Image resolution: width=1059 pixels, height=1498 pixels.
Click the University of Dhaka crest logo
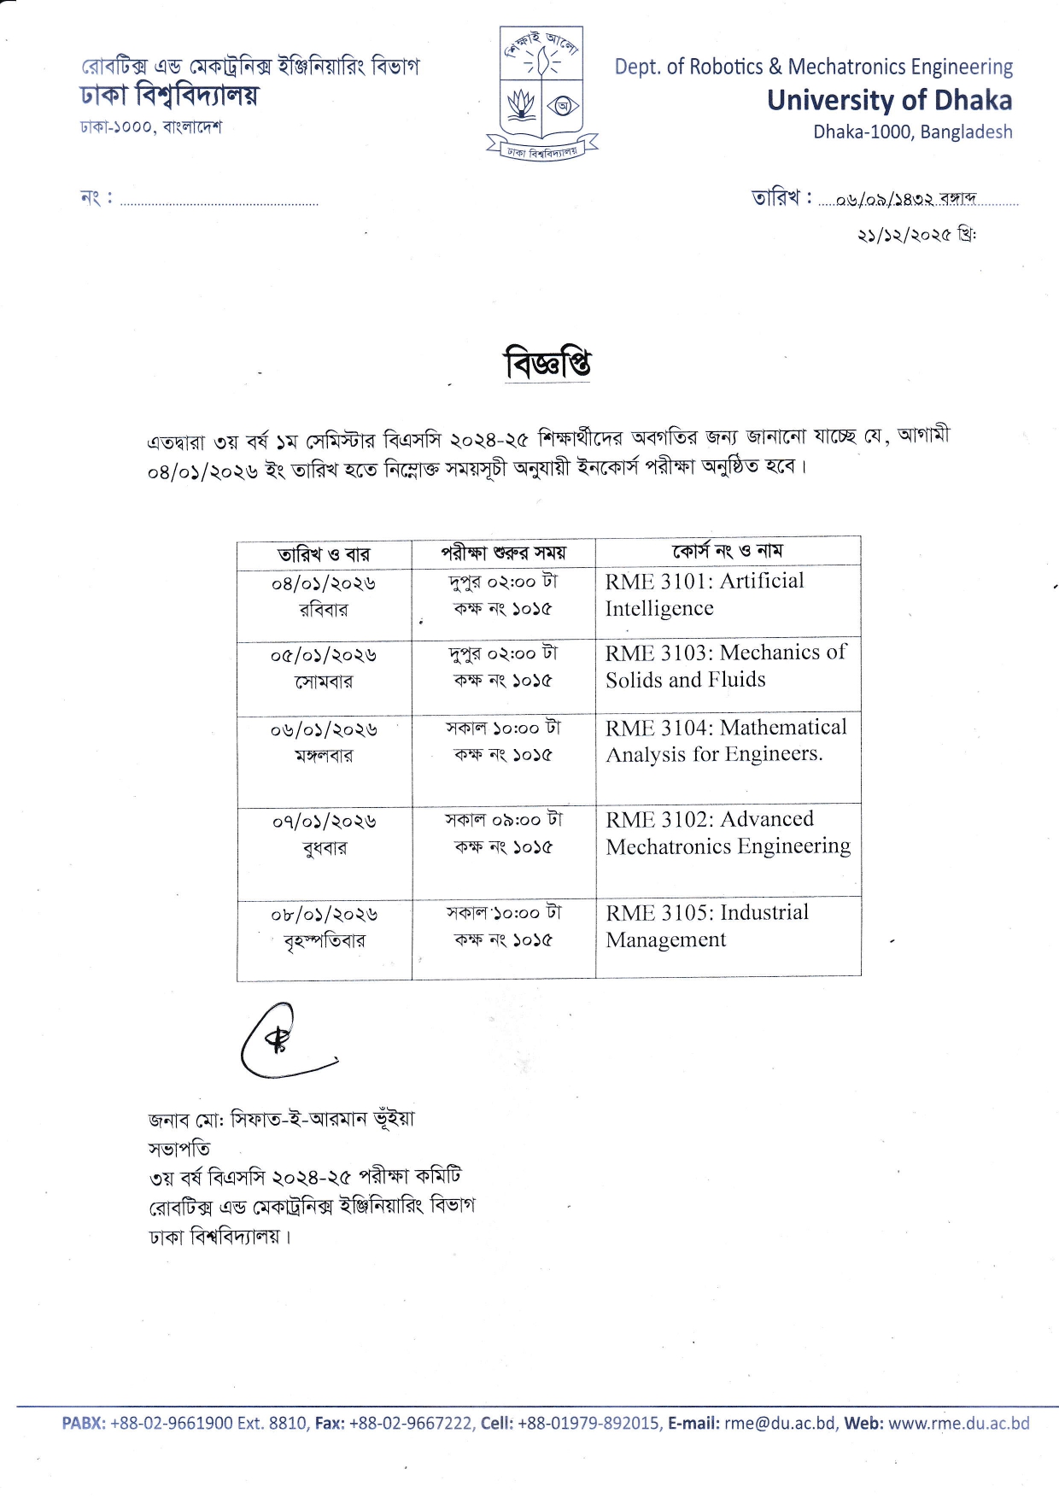click(x=542, y=92)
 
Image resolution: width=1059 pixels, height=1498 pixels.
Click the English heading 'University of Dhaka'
click(x=889, y=100)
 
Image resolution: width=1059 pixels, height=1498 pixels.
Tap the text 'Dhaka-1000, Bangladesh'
click(x=912, y=132)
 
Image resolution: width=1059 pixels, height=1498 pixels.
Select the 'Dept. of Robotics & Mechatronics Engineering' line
click(x=813, y=67)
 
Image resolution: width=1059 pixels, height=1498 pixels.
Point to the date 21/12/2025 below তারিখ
click(x=916, y=234)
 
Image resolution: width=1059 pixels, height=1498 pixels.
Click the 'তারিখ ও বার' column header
click(x=324, y=553)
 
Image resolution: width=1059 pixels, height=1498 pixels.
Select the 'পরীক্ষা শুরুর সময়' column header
click(x=503, y=553)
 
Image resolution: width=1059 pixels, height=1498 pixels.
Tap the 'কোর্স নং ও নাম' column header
click(x=727, y=552)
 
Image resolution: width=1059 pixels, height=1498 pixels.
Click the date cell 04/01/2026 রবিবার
click(x=324, y=596)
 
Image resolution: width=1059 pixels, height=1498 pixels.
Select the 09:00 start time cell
click(x=503, y=833)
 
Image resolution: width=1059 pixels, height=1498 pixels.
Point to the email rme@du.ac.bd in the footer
click(x=780, y=1424)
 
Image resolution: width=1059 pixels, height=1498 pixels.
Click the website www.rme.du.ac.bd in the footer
click(x=958, y=1424)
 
